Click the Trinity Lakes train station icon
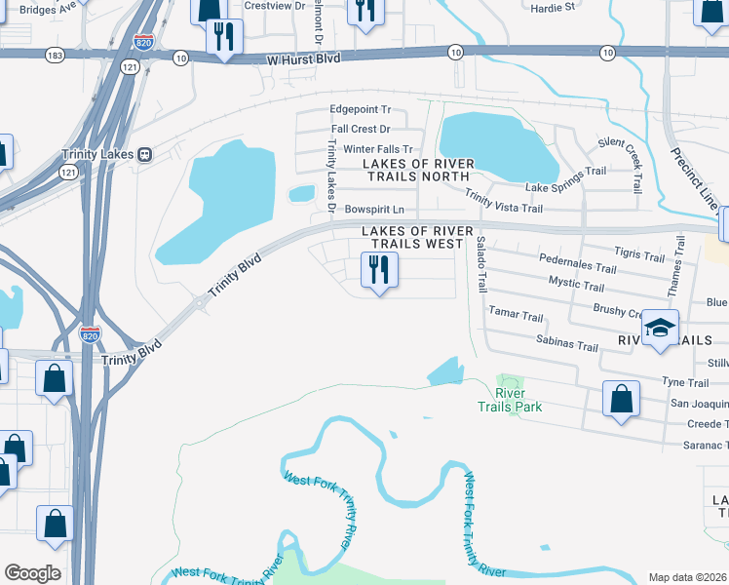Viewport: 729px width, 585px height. [144, 154]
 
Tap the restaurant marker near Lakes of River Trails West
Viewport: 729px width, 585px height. [379, 269]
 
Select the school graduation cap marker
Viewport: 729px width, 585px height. [660, 330]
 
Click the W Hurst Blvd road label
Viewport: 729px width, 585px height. [304, 59]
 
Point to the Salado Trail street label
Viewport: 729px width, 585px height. [480, 263]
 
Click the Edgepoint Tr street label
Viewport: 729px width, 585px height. [360, 110]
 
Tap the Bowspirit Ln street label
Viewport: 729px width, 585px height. [374, 210]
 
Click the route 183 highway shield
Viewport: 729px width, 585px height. [55, 57]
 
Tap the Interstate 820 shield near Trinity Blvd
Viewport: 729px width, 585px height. [90, 333]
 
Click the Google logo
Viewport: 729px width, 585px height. [32, 573]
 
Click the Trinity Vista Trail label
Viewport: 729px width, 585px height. [503, 202]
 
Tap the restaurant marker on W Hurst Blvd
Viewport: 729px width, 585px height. [225, 38]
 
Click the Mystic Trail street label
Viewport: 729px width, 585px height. [576, 283]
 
